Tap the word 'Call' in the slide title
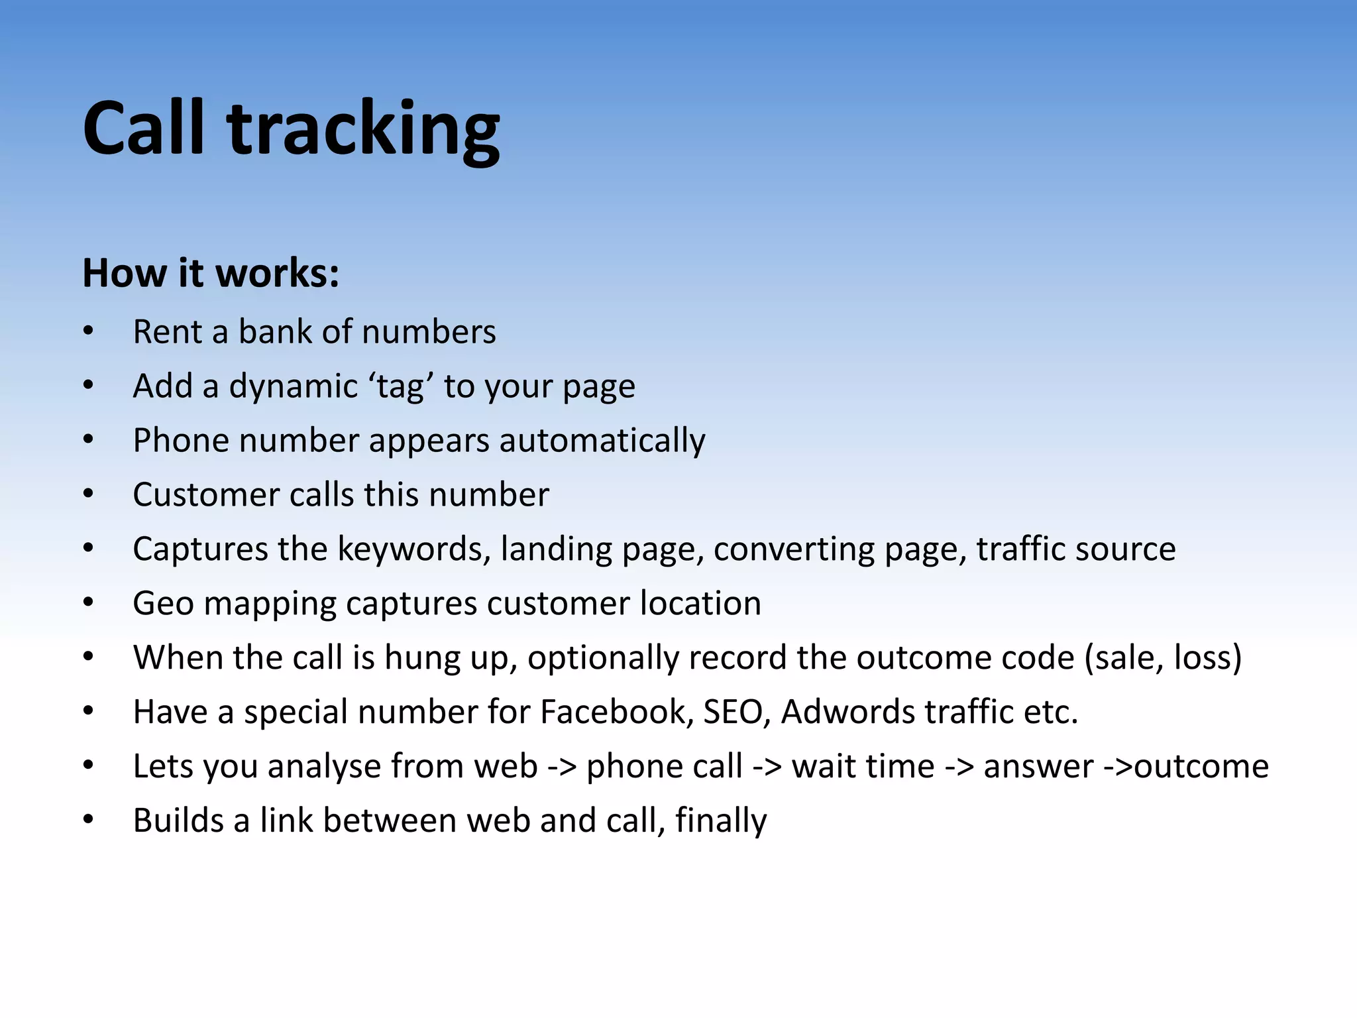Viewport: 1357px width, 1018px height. [x=143, y=128]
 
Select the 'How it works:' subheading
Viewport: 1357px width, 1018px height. [x=211, y=272]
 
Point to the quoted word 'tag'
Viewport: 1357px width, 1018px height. [x=400, y=386]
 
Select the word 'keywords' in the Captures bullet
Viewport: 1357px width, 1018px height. [x=413, y=549]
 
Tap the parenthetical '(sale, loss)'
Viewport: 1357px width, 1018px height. [x=1163, y=658]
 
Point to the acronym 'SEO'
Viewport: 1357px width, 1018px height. [x=736, y=712]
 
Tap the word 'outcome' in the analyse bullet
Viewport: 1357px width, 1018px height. [x=1201, y=767]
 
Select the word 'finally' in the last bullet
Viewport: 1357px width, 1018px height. [x=721, y=821]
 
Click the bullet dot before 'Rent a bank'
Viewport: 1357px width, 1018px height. [x=89, y=331]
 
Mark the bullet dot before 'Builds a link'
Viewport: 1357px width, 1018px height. [x=89, y=820]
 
